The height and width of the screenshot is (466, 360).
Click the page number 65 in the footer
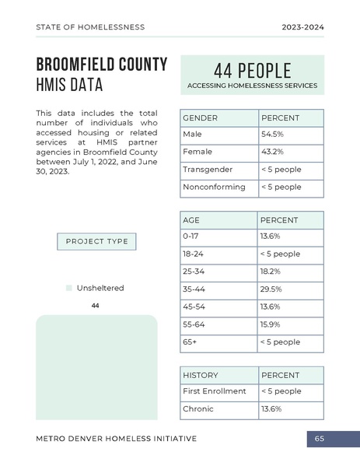pos(320,439)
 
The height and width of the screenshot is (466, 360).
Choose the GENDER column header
pos(200,117)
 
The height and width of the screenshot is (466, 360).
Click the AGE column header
pos(191,220)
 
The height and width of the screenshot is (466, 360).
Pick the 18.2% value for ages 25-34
pos(271,272)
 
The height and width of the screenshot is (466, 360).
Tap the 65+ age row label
pos(190,342)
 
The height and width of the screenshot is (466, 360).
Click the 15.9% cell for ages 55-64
pos(271,324)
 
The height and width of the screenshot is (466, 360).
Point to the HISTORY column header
pos(201,375)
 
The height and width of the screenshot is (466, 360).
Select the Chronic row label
pos(197,409)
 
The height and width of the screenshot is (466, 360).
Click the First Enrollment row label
pos(214,391)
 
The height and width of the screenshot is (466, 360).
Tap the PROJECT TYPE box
pos(97,242)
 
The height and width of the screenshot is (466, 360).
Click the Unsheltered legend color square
pos(68,288)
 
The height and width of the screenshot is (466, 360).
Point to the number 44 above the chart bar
pos(96,306)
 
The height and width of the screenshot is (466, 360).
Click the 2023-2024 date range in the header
pos(303,27)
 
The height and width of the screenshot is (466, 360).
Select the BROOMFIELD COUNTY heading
pos(102,64)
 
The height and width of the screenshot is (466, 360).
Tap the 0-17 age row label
pos(191,236)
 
